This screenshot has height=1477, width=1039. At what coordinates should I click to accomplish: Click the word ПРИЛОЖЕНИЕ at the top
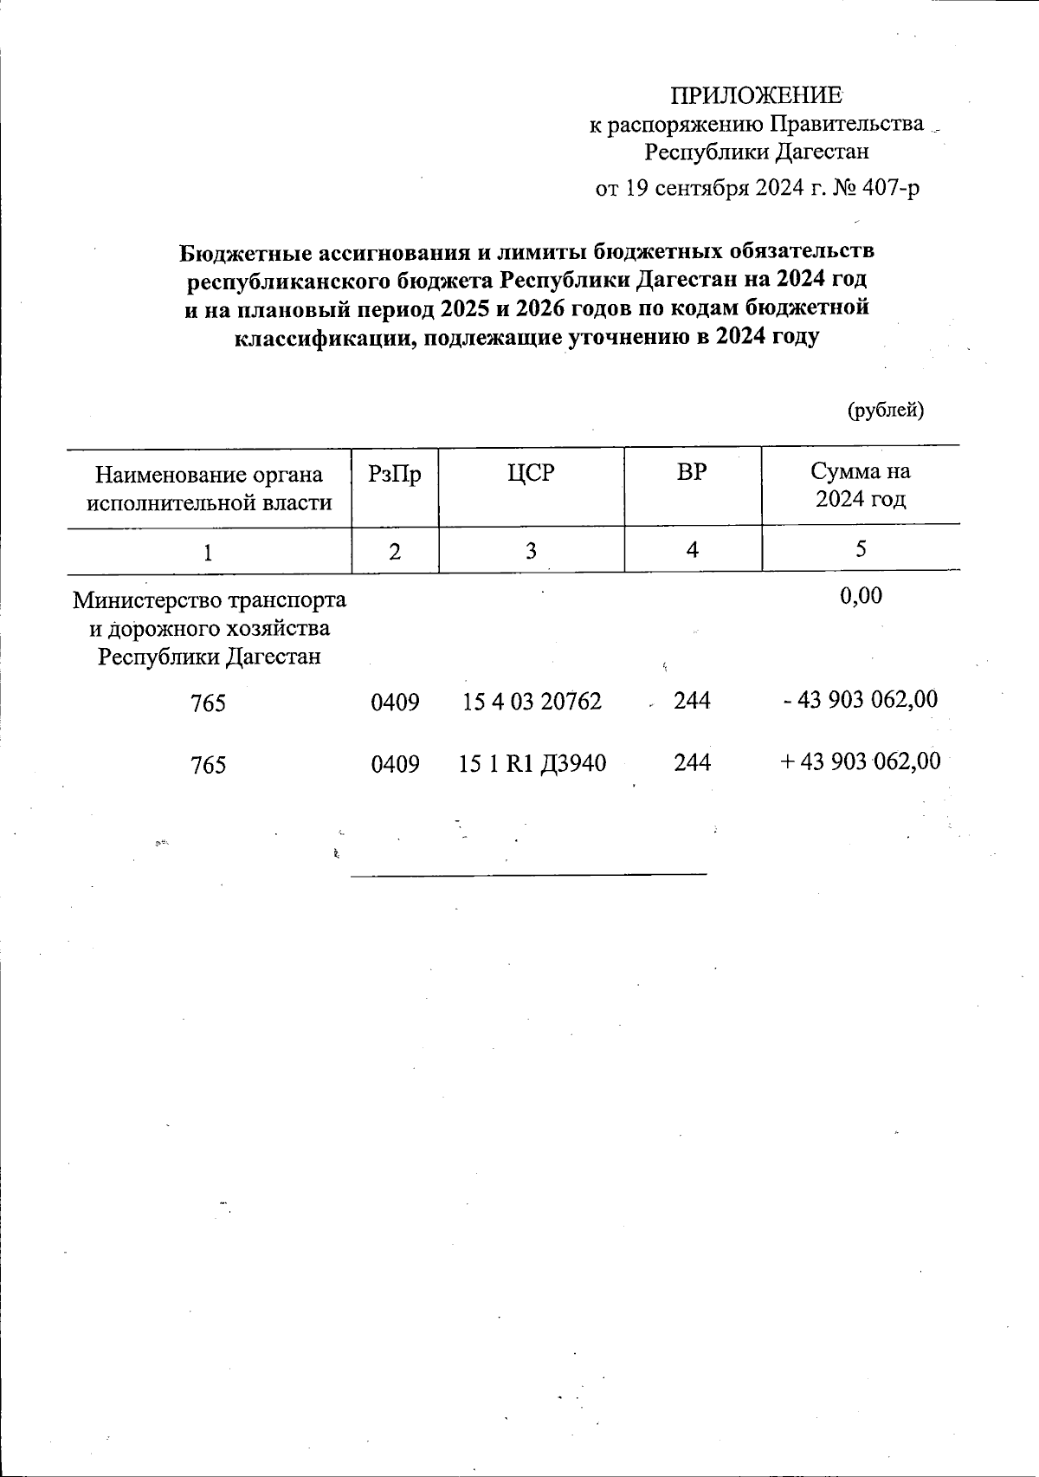coord(757,95)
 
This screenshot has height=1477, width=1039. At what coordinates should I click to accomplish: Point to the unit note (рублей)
coord(885,410)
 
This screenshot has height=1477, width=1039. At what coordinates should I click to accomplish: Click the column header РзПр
coord(395,474)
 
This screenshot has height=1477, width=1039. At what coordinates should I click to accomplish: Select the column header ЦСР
coord(530,473)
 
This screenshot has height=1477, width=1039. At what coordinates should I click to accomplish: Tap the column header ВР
coord(692,473)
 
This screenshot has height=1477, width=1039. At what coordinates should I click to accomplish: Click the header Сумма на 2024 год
coord(860,485)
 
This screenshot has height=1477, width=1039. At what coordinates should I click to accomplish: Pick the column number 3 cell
coord(530,550)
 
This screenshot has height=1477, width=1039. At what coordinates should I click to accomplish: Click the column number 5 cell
coord(861,549)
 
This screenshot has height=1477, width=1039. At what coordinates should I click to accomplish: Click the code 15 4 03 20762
coord(532,701)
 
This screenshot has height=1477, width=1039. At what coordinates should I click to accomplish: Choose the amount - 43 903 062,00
coord(860,700)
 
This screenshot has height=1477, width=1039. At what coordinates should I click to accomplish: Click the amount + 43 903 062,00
coord(860,762)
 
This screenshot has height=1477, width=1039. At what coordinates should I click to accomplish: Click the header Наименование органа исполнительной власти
coord(210,488)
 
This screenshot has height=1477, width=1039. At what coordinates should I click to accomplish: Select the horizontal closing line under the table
coord(528,874)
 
